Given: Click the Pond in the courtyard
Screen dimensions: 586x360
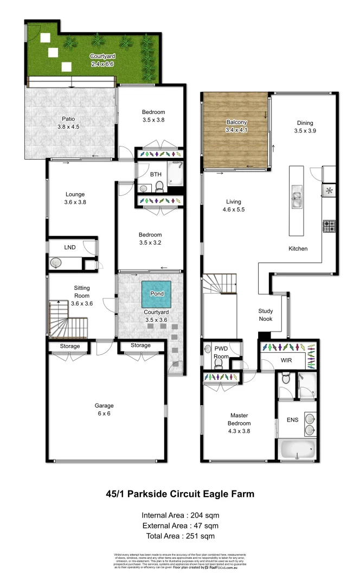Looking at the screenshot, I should click(157, 294).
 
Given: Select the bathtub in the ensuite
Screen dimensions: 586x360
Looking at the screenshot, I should click(297, 449).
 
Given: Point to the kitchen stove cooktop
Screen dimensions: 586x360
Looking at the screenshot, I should click(329, 226).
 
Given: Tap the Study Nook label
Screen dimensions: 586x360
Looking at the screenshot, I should click(265, 315).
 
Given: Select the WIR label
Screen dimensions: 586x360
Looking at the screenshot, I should click(286, 360).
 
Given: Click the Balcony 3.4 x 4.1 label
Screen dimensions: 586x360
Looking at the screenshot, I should click(236, 126).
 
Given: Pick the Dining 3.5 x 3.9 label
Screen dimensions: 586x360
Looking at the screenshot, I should click(304, 127).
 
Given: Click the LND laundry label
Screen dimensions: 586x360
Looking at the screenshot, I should click(70, 247).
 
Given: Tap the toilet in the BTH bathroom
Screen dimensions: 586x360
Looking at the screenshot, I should click(159, 187).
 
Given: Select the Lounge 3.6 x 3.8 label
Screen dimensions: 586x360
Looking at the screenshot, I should click(75, 198).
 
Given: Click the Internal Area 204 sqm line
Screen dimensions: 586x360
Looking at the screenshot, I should click(180, 515).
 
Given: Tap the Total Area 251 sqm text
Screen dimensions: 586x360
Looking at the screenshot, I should click(180, 536).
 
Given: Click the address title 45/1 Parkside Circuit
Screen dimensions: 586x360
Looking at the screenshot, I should click(179, 494).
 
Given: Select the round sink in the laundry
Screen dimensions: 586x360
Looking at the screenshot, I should click(56, 263).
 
